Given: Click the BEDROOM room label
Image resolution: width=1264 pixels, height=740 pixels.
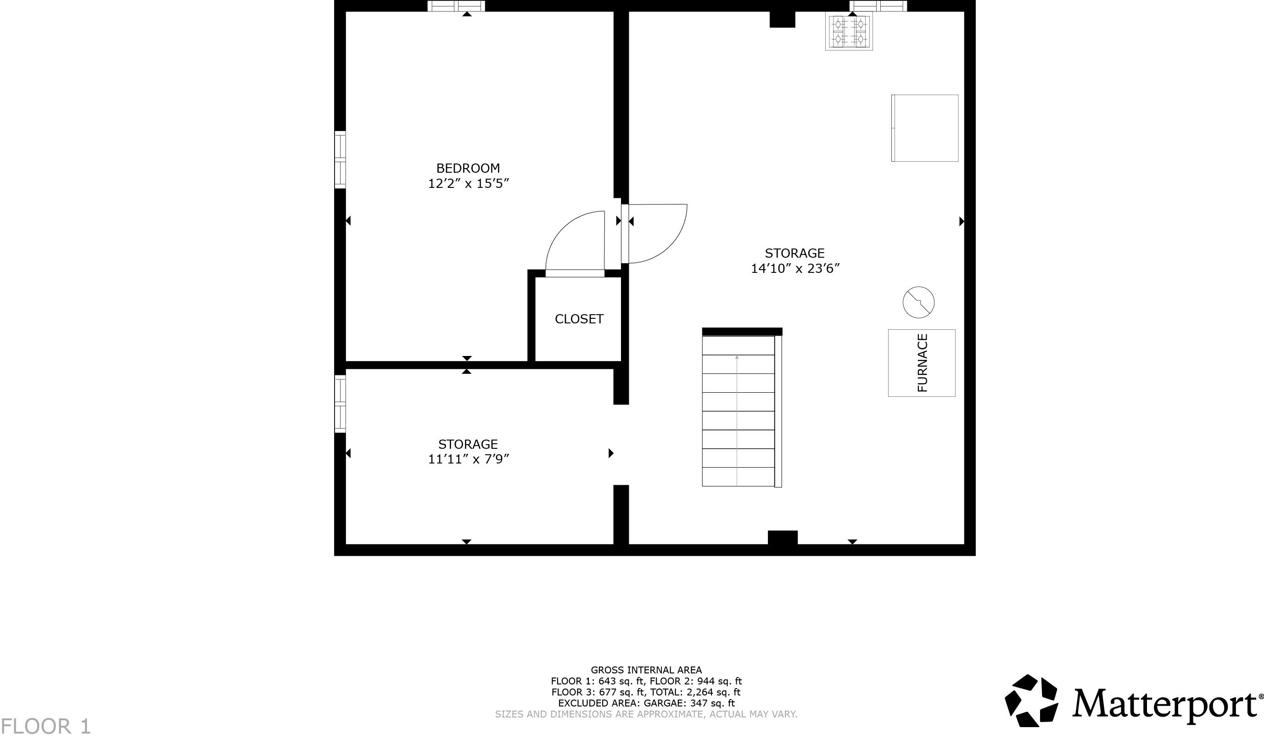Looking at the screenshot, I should (468, 168).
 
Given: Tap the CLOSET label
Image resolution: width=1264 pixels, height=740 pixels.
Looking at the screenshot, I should (579, 319).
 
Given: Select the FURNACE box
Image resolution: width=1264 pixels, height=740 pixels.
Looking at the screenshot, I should (922, 363).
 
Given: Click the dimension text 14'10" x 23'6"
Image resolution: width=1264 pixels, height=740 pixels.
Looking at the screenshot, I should (795, 269).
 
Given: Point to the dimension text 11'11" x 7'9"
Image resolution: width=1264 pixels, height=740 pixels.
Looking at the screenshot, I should (468, 459).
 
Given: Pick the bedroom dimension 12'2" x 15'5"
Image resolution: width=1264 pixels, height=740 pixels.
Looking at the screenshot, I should (468, 184).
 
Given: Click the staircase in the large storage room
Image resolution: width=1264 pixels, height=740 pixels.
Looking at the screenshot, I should (738, 411).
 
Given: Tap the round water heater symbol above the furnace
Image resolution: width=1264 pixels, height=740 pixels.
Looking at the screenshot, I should (918, 302).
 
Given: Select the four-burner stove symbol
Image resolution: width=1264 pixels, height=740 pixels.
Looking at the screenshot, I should (849, 31).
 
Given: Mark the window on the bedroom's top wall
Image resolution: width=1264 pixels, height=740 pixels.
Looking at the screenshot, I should (456, 6).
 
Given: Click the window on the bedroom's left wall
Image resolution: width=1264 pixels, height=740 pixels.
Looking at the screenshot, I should (340, 160).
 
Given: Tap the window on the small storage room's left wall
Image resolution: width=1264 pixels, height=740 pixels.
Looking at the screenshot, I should (340, 404).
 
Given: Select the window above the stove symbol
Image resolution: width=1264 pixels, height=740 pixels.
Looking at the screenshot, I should (878, 6).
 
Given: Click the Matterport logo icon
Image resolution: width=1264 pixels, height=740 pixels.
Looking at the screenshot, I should (1031, 700).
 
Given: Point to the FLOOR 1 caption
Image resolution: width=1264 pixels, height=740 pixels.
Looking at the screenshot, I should (46, 726).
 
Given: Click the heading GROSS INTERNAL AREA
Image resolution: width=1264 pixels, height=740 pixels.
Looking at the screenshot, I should (646, 670).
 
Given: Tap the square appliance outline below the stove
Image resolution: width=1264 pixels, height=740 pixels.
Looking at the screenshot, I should (924, 128).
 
